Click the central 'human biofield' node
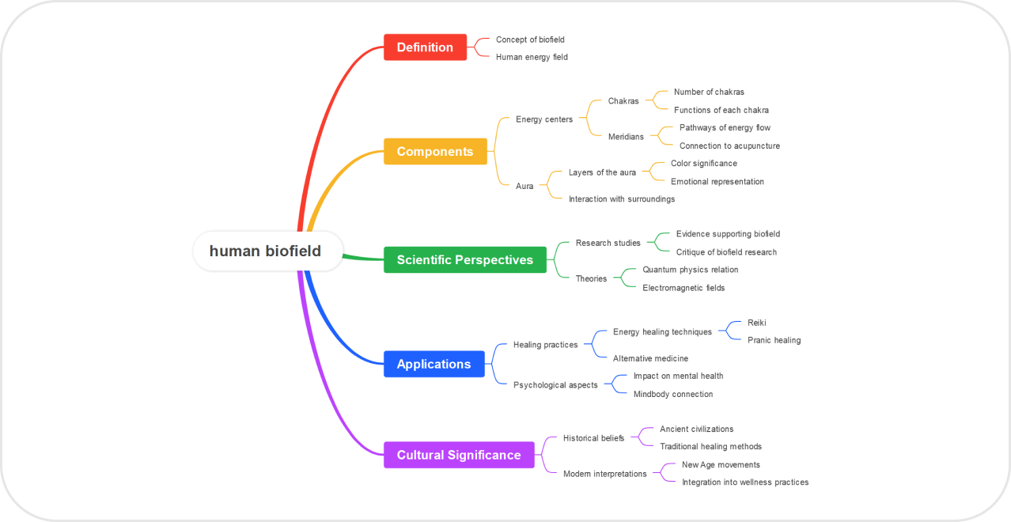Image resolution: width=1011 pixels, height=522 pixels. pos(266,252)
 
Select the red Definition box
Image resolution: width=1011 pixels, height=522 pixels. pos(425,47)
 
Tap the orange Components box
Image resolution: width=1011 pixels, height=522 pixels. pos(435,151)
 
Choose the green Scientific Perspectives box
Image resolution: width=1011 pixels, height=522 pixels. pos(465,259)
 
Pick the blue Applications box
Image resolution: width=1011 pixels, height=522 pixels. pos(434,364)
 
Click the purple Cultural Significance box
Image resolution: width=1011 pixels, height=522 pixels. pos(459,455)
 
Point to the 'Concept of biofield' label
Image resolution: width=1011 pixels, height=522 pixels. pos(530,40)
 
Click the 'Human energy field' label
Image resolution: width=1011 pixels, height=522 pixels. pos(532,57)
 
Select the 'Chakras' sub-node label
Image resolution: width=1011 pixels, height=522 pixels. pos(623,101)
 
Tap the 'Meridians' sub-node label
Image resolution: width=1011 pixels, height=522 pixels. pos(626,137)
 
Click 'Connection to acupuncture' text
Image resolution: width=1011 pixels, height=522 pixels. pos(729,146)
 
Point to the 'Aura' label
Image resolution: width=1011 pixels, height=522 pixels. pos(524,186)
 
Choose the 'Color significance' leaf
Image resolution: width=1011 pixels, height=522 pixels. pos(703,164)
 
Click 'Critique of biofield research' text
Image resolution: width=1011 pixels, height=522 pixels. pos(726,252)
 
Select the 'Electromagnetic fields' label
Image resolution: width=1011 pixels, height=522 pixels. pos(683,288)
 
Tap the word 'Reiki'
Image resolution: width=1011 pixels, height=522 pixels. pos(757,323)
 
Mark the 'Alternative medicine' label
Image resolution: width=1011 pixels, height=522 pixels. pos(650,358)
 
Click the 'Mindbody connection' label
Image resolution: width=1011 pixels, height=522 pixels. pos(673,394)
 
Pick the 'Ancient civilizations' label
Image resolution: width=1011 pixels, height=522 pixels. pos(696,429)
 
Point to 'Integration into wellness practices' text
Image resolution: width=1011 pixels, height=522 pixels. pos(745,482)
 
